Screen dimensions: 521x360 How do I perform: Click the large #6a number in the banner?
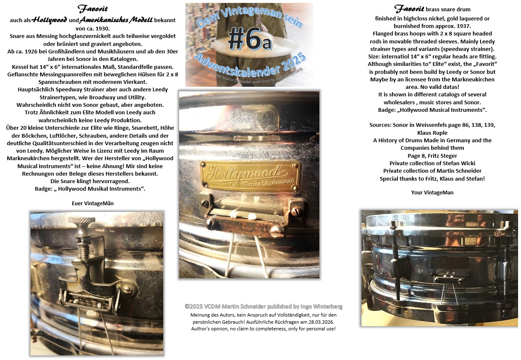pyautogui.click(x=250, y=39)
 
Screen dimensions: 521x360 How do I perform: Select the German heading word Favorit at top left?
pyautogui.click(x=93, y=9)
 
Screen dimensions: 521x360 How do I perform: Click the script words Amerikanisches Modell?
pyautogui.click(x=116, y=20)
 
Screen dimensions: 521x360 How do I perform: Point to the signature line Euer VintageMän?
pyautogui.click(x=93, y=203)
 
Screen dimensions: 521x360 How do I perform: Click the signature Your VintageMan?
pyautogui.click(x=432, y=192)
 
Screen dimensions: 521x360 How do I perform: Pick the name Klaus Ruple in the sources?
pyautogui.click(x=432, y=133)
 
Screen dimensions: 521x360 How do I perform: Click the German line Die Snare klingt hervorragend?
pyautogui.click(x=90, y=181)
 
